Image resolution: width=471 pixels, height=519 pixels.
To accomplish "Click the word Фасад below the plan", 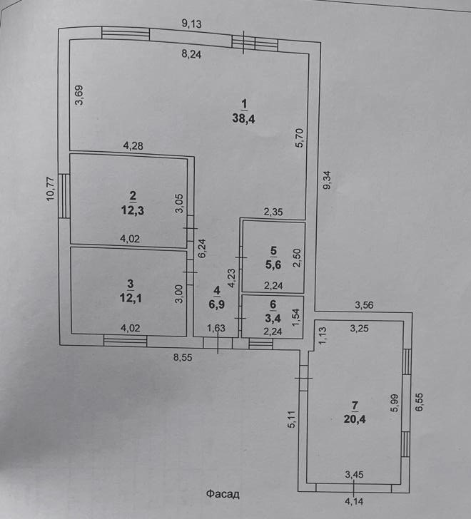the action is (223, 493).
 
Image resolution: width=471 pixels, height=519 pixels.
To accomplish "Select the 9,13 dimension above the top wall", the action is (192, 24).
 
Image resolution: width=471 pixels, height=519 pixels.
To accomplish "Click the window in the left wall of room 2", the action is (64, 197).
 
